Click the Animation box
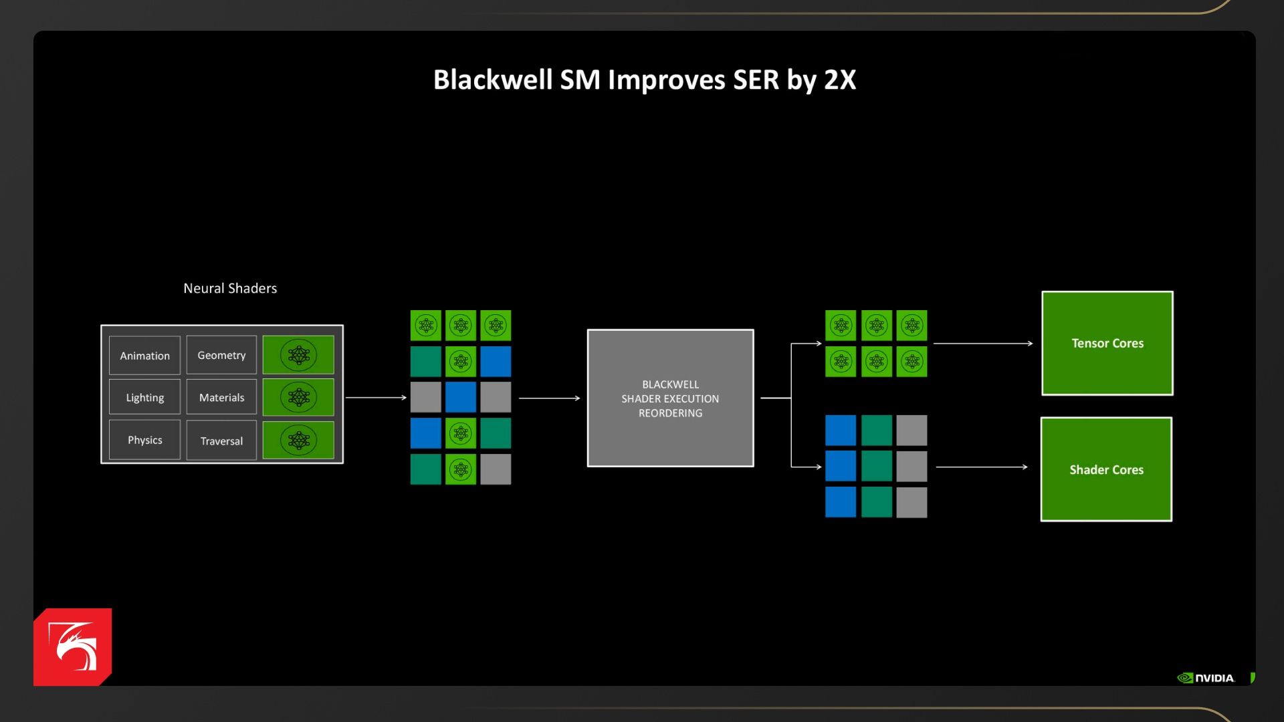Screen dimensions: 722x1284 [x=144, y=356]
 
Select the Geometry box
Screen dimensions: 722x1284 [x=221, y=355]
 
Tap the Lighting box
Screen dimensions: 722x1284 [x=144, y=398]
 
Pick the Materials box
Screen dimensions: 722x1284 [x=221, y=398]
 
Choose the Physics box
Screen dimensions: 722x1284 [x=144, y=440]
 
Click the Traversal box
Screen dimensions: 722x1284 [x=221, y=441]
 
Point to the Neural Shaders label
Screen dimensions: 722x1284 [x=230, y=288]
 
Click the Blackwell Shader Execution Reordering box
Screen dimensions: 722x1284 [x=670, y=398]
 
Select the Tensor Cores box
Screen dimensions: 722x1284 [x=1107, y=343]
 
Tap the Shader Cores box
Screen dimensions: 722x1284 [x=1106, y=469]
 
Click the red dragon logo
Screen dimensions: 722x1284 [x=72, y=646]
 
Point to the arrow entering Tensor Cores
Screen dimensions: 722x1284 [x=982, y=344]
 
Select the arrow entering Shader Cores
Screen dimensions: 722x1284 [x=981, y=467]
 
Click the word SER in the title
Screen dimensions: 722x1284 [x=756, y=80]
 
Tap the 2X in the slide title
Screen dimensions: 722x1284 [x=840, y=80]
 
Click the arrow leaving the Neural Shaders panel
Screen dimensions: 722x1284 [x=376, y=398]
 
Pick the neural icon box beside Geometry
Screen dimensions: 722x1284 [x=298, y=355]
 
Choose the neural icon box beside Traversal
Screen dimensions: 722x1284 [x=298, y=441]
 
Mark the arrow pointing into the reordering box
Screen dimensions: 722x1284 [x=549, y=398]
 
